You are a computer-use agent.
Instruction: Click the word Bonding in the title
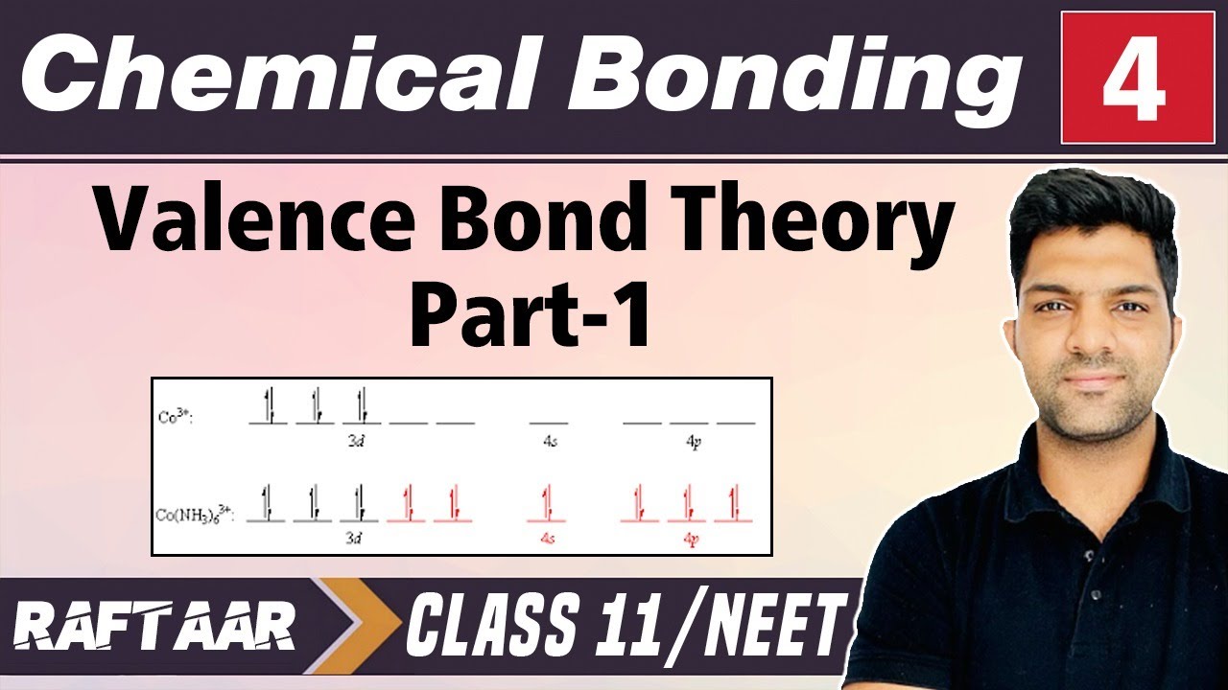point(787,77)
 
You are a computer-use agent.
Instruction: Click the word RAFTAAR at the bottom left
point(154,630)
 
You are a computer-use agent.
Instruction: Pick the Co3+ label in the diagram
point(174,418)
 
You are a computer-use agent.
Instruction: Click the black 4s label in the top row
point(548,443)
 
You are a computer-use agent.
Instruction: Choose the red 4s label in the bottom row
point(548,539)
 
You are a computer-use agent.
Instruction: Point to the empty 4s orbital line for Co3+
point(548,422)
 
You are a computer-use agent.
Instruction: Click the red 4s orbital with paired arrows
point(548,508)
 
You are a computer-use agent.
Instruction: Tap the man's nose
point(1094,335)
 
